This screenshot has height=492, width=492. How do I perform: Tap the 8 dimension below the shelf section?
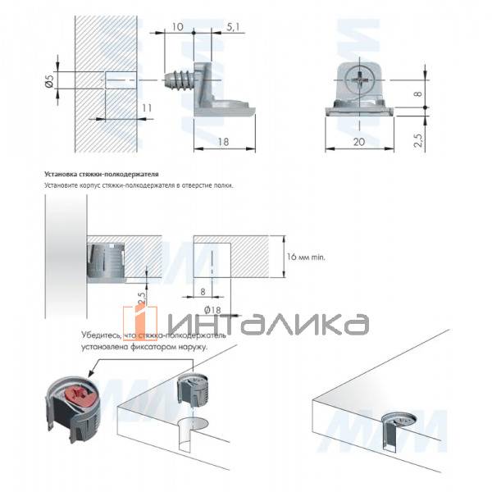click(x=203, y=289)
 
